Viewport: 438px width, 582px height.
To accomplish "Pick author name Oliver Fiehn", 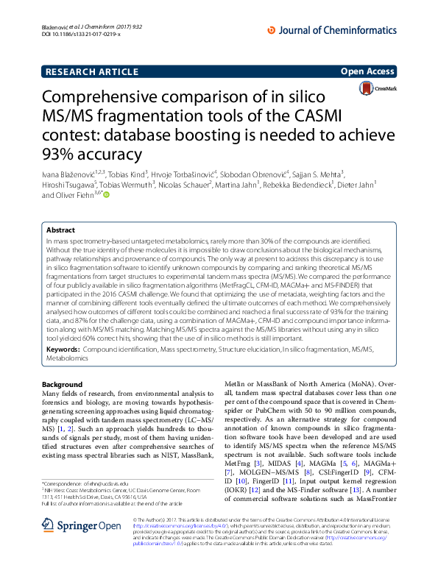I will click(71, 196).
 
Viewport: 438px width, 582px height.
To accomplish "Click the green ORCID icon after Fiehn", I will click(105, 195).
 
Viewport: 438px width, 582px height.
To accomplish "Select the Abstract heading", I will click(60, 230).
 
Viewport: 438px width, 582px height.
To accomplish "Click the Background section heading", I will click(62, 385).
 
